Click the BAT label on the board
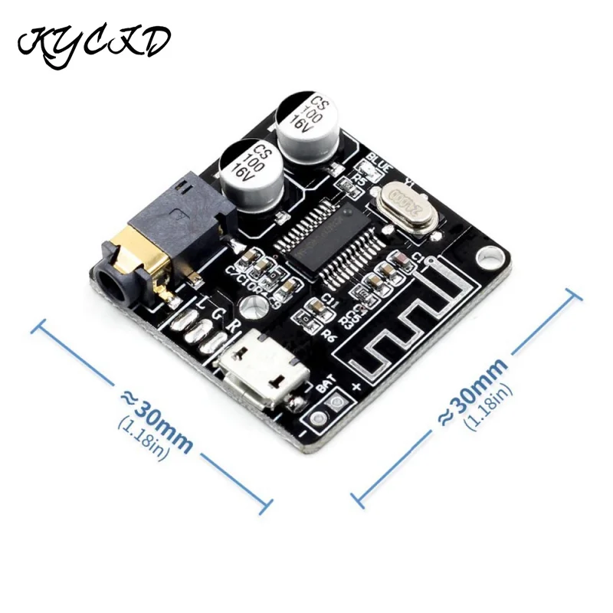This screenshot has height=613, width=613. (x=326, y=387)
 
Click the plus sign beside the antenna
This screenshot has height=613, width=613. (x=356, y=385)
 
